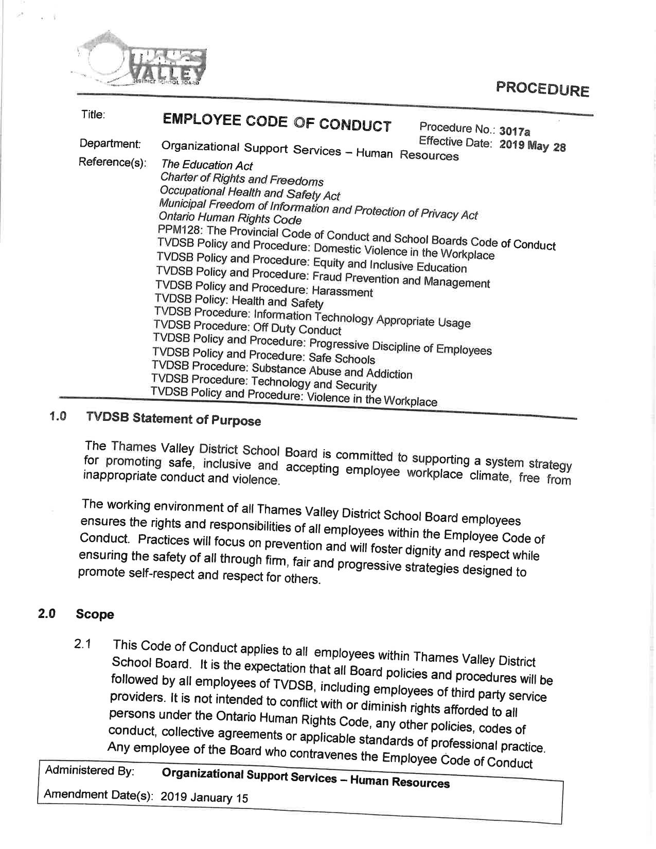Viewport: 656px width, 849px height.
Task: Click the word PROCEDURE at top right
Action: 542,89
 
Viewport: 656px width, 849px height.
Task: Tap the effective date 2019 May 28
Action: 533,146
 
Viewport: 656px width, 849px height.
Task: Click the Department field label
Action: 110,144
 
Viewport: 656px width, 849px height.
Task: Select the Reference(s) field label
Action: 112,163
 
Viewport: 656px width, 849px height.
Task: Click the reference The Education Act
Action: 207,165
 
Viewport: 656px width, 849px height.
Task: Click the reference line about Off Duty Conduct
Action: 247,327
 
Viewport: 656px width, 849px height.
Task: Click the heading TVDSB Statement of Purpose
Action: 173,418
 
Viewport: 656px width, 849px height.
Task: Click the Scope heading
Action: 95,614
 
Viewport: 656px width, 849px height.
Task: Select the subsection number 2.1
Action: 82,644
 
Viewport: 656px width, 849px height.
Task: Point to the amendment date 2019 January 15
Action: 204,798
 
